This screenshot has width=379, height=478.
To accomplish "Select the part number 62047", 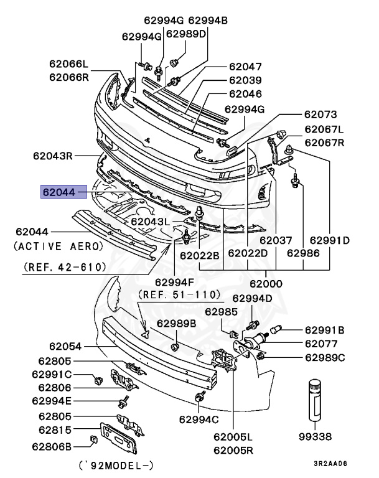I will pyautogui.click(x=245, y=66).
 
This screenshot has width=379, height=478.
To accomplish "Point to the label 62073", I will pyautogui.click(x=321, y=115).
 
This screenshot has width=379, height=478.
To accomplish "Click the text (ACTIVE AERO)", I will pyautogui.click(x=58, y=246).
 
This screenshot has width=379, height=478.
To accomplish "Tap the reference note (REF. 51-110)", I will pyautogui.click(x=179, y=294).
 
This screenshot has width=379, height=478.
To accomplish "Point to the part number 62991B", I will pyautogui.click(x=324, y=330).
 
